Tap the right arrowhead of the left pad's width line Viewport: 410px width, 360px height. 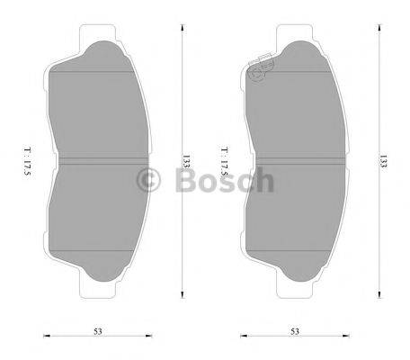click(149, 337)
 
